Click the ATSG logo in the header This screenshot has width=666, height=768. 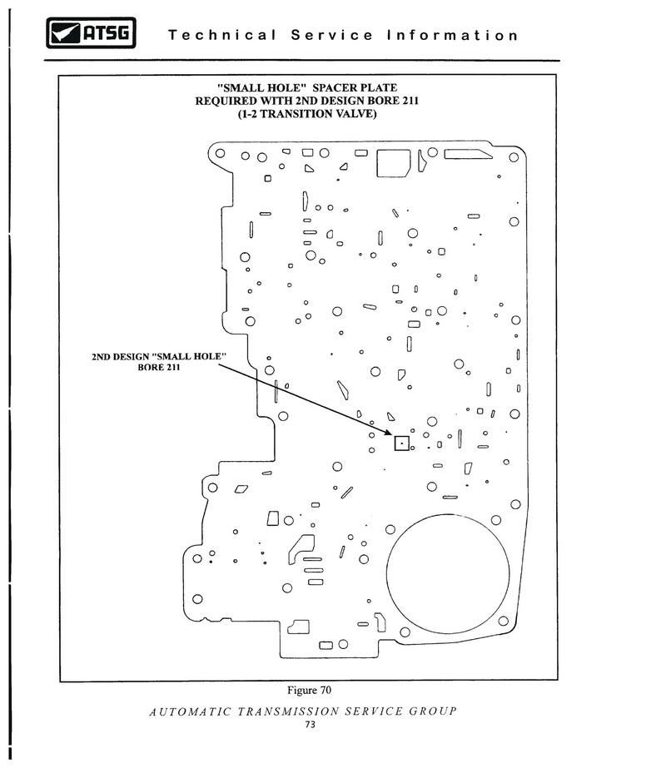[x=91, y=32]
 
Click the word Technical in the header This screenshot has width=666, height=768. [x=222, y=35]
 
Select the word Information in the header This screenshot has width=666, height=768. [x=452, y=35]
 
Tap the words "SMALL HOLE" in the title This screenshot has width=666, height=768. [x=258, y=87]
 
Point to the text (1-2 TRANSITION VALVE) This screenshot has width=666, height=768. [x=307, y=114]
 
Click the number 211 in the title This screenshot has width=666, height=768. [x=409, y=101]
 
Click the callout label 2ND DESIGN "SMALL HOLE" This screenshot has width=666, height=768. [x=159, y=356]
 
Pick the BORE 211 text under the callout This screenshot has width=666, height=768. [x=159, y=367]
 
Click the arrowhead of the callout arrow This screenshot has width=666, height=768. [x=388, y=432]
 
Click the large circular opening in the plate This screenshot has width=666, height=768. [x=386, y=573]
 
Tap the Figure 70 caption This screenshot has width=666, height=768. [x=309, y=690]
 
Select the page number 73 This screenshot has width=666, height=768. [x=310, y=725]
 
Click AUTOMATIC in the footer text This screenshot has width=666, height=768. [x=190, y=711]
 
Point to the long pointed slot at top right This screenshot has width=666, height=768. [x=468, y=154]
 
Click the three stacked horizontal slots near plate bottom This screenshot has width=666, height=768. [x=314, y=571]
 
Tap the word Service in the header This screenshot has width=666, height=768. [x=332, y=35]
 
